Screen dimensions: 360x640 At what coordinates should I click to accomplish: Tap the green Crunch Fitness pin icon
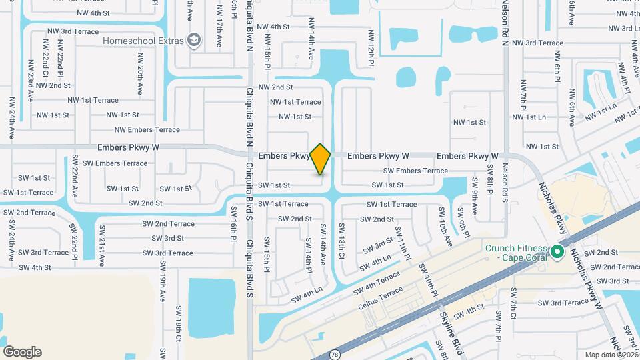(x=557, y=252)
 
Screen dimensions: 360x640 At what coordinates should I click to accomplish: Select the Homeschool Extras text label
(x=143, y=41)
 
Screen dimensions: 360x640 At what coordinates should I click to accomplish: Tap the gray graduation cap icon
(x=194, y=41)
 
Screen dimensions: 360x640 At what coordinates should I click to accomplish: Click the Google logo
(x=22, y=352)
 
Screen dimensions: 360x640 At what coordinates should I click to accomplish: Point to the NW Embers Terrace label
(x=147, y=130)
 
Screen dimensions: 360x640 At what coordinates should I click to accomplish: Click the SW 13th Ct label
(x=342, y=243)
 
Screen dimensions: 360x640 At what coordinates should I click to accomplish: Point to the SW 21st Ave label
(x=102, y=243)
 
